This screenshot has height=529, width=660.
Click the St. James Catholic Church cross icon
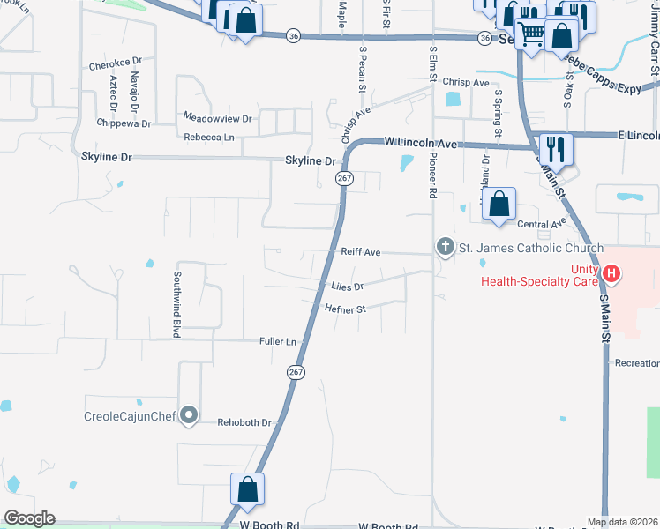[446, 247]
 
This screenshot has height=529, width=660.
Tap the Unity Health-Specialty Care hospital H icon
[611, 274]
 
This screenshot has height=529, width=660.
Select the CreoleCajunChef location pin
[188, 416]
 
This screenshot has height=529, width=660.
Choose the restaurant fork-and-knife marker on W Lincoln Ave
[556, 149]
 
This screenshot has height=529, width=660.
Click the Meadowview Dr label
[217, 117]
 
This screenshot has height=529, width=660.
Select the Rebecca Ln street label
[209, 137]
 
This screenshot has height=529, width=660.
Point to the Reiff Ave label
[361, 252]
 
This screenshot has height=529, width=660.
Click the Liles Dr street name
[348, 287]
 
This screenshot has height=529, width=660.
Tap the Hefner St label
[345, 309]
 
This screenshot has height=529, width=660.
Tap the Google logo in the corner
[28, 518]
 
